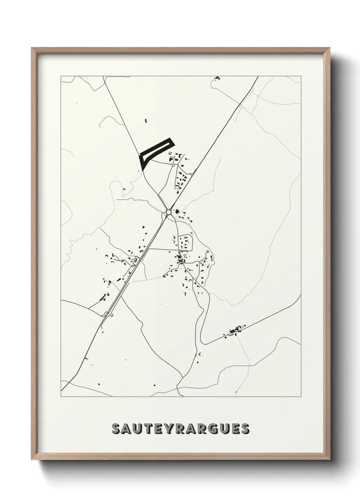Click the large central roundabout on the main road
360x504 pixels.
coord(169,212)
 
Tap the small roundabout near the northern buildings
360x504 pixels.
coord(173,165)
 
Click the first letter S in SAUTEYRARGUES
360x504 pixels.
coord(116,429)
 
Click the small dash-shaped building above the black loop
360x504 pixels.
coord(146,121)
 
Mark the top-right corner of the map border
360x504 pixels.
coord(301,76)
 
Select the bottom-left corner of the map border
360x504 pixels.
coord(61,397)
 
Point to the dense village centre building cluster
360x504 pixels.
coord(180,259)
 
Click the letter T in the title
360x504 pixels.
coord(148,429)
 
